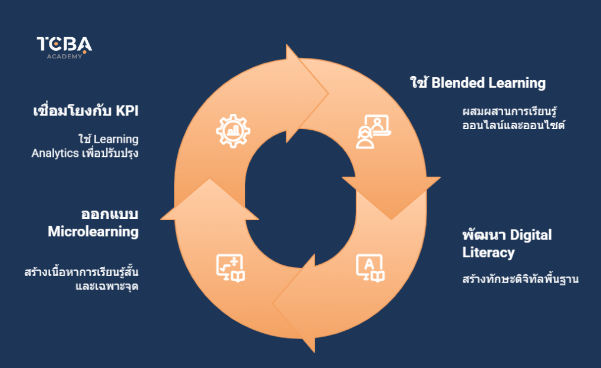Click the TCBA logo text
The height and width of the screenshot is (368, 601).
click(x=64, y=44)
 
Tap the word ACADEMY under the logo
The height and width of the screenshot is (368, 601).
click(x=64, y=57)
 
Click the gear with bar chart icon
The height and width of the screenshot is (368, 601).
click(x=234, y=131)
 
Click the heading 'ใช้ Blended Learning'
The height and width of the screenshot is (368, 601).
click(x=477, y=83)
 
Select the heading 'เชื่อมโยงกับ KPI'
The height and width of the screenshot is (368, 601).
click(x=89, y=111)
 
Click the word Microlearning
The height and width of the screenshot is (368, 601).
click(x=93, y=231)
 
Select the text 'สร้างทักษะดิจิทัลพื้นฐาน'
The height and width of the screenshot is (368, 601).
click(x=520, y=279)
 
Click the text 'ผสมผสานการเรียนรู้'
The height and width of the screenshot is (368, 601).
click(x=510, y=111)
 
